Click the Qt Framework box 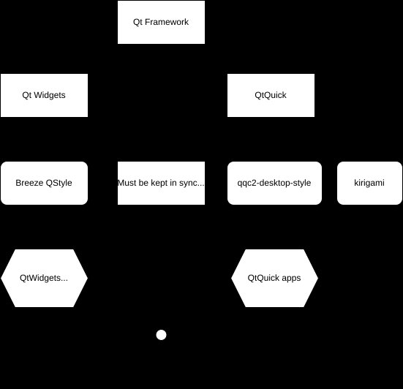click(x=161, y=22)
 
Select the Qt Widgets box click(x=44, y=95)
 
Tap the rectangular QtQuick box click(x=271, y=95)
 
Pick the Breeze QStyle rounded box click(x=44, y=183)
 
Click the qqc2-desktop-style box click(x=274, y=183)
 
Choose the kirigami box click(x=369, y=183)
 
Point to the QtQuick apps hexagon click(x=274, y=278)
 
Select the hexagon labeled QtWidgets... click(x=44, y=278)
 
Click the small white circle click(x=162, y=335)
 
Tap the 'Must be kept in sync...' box click(x=161, y=183)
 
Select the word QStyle click(x=59, y=183)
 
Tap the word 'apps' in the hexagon click(x=290, y=278)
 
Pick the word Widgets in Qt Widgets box click(x=50, y=95)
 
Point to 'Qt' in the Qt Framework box click(x=139, y=22)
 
